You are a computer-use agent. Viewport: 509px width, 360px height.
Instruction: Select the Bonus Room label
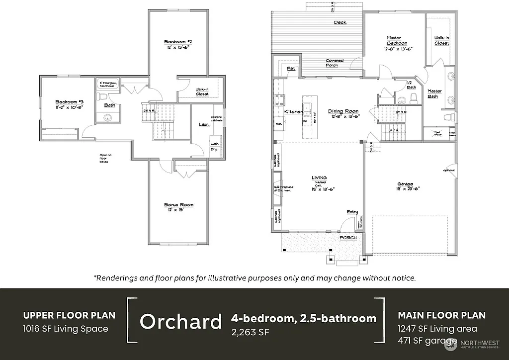click(178, 204)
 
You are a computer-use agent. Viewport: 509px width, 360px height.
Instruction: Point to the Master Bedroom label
click(398, 40)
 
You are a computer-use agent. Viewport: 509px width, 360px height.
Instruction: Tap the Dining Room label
click(343, 111)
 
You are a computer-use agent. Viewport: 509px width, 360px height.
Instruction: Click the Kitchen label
click(293, 112)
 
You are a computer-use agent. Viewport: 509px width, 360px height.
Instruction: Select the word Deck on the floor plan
click(340, 22)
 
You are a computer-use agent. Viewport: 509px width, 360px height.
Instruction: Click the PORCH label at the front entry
click(348, 238)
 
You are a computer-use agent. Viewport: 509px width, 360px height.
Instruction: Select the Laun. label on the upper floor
click(203, 124)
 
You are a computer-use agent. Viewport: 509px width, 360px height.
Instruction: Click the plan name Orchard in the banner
click(180, 322)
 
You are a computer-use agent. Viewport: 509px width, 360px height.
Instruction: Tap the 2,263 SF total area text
click(250, 332)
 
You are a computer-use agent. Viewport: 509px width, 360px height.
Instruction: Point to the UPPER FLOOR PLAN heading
click(69, 315)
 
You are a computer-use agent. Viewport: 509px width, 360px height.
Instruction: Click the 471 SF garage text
click(427, 341)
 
